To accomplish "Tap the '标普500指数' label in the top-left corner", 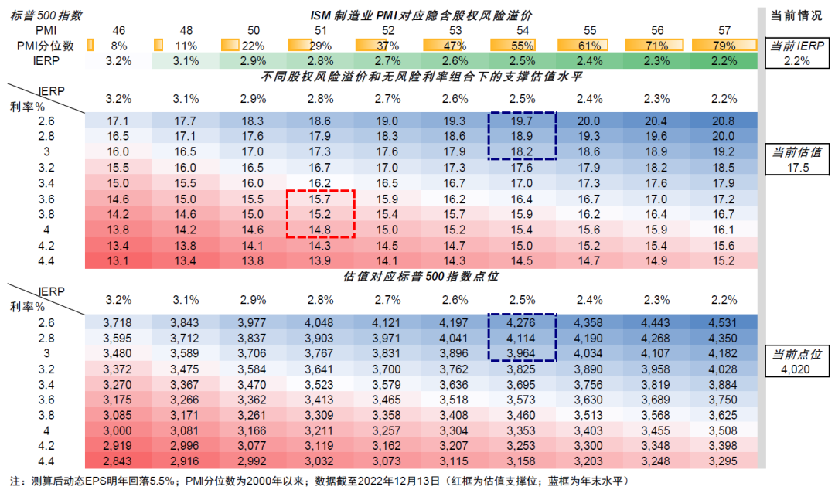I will (43, 15).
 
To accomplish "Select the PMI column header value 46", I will (118, 29).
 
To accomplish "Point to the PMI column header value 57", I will (724, 29).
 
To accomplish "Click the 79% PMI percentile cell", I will (724, 45).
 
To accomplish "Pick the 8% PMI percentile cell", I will (118, 45).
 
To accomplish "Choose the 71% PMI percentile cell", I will (657, 45).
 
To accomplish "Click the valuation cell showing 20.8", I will (724, 121).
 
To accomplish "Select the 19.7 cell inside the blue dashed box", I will (522, 121).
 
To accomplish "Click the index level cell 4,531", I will (724, 321).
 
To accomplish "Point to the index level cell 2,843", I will (118, 461).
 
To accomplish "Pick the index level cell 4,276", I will (522, 321).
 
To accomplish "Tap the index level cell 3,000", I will (118, 430).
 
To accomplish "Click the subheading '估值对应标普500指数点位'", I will (421, 276).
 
